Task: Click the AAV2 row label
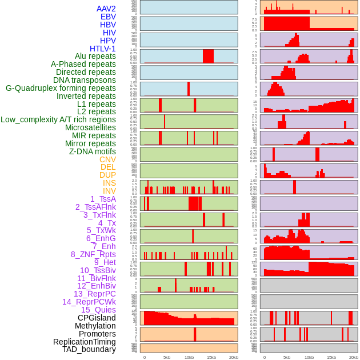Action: click(x=106, y=9)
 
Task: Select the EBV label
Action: click(x=108, y=17)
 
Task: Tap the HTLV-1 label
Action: click(x=102, y=49)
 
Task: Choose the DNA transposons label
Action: click(x=84, y=80)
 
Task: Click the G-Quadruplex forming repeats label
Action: click(x=61, y=88)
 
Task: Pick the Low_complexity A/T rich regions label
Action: click(x=58, y=119)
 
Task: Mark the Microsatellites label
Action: click(x=90, y=127)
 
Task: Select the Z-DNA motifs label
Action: click(x=92, y=151)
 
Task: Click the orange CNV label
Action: click(x=107, y=159)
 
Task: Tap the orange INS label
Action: click(x=109, y=183)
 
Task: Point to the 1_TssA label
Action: click(x=103, y=199)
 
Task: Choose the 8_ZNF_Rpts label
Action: click(x=93, y=254)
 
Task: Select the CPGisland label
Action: click(x=97, y=318)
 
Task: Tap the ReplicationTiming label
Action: click(x=84, y=342)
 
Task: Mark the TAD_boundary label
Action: click(x=89, y=349)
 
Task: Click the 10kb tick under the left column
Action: click(x=189, y=357)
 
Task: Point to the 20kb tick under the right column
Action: click(x=354, y=357)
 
